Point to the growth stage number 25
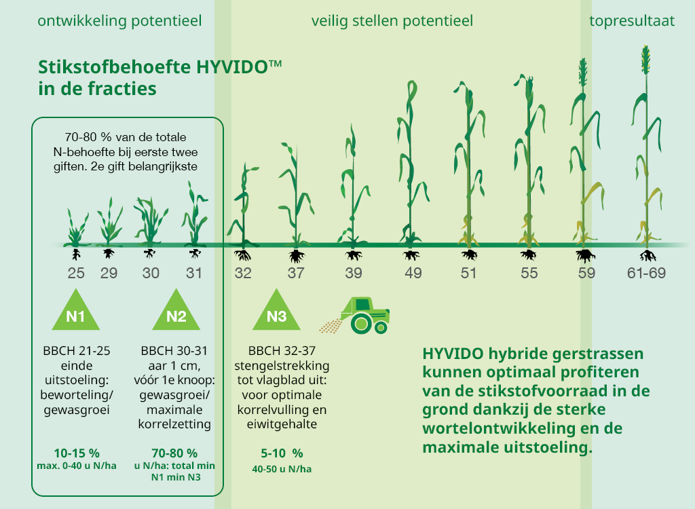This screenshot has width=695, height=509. tap(76, 273)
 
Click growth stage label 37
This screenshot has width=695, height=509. tap(296, 273)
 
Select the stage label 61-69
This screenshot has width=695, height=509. tap(646, 273)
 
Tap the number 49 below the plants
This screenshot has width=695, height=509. tap(413, 273)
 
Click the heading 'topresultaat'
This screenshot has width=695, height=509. tap(632, 21)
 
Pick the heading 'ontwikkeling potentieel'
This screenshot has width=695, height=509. tap(119, 21)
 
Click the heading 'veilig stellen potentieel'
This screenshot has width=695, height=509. tap(392, 21)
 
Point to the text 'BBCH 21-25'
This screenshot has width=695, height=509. tap(77, 351)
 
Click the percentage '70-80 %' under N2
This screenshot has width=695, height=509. tap(174, 453)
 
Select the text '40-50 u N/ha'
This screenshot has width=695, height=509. tap(282, 469)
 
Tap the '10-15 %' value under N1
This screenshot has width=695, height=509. tap(77, 453)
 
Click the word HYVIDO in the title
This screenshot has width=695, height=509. tap(232, 67)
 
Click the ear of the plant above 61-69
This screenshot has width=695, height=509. tap(646, 60)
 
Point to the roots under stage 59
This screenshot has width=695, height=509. tap(585, 256)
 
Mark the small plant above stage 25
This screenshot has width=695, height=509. tap(76, 227)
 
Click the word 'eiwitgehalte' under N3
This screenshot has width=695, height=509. tap(282, 424)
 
